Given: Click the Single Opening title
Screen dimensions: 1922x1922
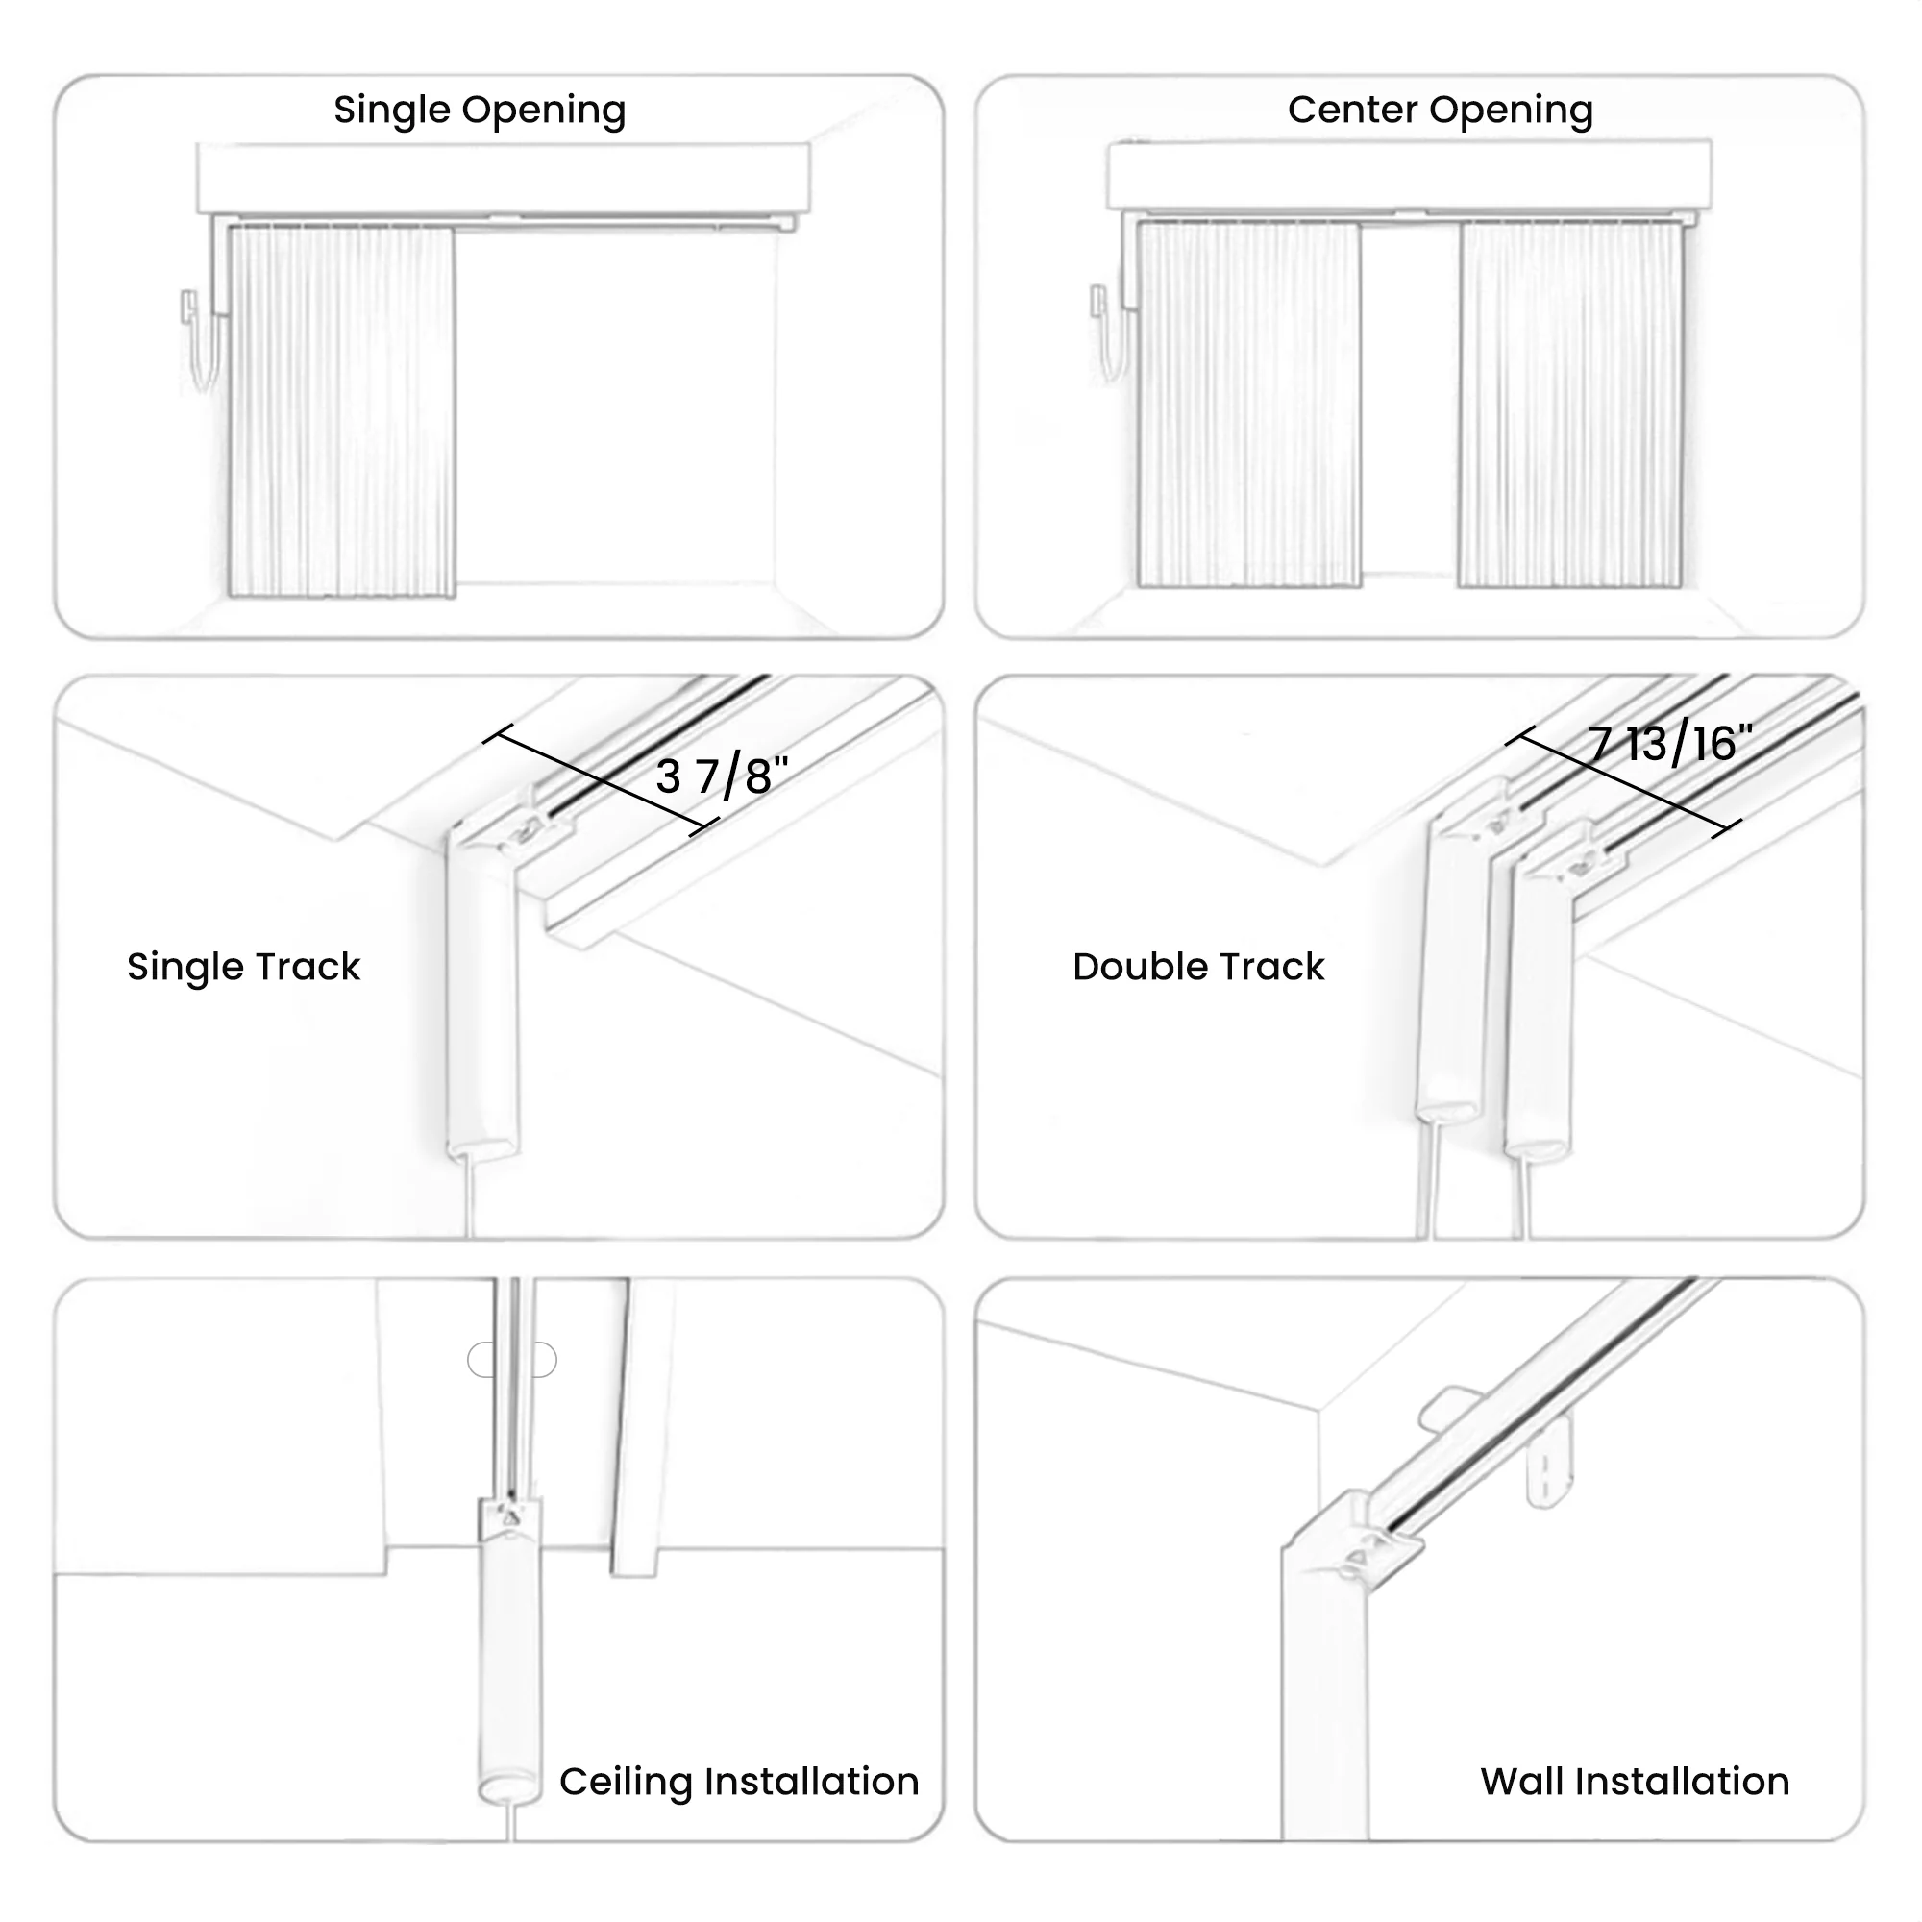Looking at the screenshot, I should click(x=480, y=110).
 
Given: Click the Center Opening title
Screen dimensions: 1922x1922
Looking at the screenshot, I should click(x=1440, y=110).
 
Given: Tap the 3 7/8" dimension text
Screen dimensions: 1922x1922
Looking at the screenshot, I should click(x=722, y=776).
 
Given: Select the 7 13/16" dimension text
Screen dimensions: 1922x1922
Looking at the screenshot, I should click(x=1670, y=744).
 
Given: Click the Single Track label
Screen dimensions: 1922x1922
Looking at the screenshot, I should click(x=244, y=967).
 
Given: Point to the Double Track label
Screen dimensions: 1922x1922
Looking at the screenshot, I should click(x=1197, y=967).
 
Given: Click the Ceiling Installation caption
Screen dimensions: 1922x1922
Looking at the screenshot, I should click(x=739, y=1781).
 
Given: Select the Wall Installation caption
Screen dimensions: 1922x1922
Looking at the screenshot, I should click(x=1635, y=1781).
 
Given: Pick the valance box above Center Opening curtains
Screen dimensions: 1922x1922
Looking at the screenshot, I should click(x=1410, y=174).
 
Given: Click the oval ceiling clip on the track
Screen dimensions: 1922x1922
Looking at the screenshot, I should click(x=512, y=1360).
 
